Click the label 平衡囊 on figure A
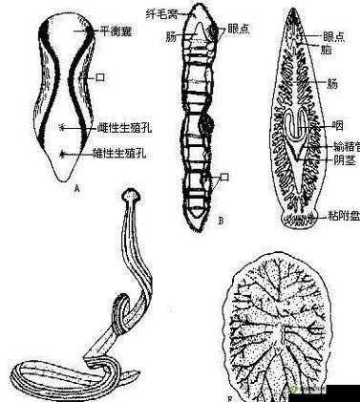115,30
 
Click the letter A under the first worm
75,189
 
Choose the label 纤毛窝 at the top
164,12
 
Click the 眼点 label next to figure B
241,30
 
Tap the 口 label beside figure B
225,177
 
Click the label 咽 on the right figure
338,124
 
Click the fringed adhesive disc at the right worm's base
298,220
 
